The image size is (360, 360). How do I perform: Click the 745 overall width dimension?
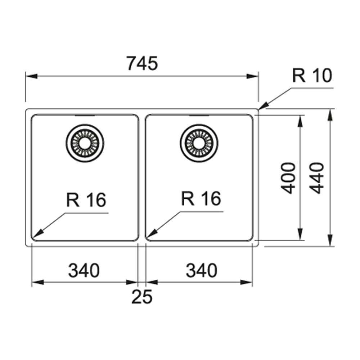[x=142, y=64]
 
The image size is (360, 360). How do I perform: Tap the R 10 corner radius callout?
[x=312, y=76]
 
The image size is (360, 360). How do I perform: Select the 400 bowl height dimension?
[x=289, y=178]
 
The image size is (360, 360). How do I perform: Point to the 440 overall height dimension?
[x=317, y=178]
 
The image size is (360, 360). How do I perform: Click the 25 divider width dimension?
[x=142, y=297]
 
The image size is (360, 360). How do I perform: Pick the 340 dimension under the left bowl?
[x=84, y=271]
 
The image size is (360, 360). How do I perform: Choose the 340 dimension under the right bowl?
[x=202, y=271]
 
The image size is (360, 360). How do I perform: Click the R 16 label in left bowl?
[x=86, y=200]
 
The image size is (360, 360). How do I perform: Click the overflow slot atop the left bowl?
[x=85, y=116]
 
